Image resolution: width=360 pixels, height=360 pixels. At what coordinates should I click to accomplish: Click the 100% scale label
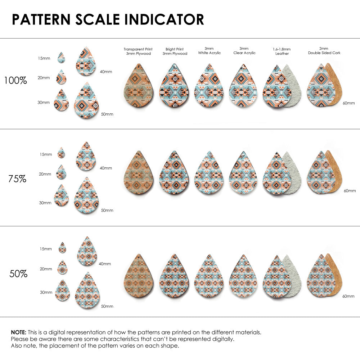[x=15, y=80]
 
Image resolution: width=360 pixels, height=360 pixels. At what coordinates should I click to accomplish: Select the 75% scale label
[x=17, y=179]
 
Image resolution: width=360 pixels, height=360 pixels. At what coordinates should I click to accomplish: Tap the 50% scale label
[x=18, y=274]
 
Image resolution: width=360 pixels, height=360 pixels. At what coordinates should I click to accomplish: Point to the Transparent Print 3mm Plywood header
[x=138, y=51]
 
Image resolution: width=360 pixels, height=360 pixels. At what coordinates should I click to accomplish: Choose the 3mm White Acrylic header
[x=210, y=51]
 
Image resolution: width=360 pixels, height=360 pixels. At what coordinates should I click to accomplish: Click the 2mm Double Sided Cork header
[x=324, y=51]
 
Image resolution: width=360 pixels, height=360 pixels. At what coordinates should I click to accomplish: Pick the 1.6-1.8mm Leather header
[x=282, y=51]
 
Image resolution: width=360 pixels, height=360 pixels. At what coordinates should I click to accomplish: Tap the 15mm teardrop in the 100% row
[x=61, y=58]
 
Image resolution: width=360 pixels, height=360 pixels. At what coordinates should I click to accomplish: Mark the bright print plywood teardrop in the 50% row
[x=174, y=276]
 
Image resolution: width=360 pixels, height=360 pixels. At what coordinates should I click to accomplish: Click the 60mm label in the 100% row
[x=348, y=103]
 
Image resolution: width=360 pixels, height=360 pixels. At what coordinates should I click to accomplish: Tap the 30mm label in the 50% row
[x=46, y=293]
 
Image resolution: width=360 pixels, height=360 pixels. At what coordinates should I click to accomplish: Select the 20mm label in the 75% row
[x=45, y=174]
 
